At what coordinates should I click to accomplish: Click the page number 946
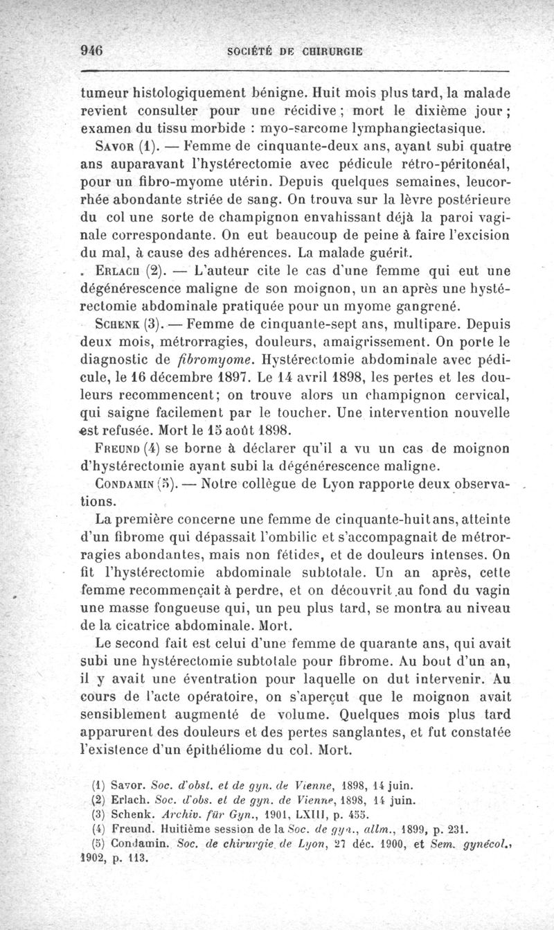click(x=92, y=51)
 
